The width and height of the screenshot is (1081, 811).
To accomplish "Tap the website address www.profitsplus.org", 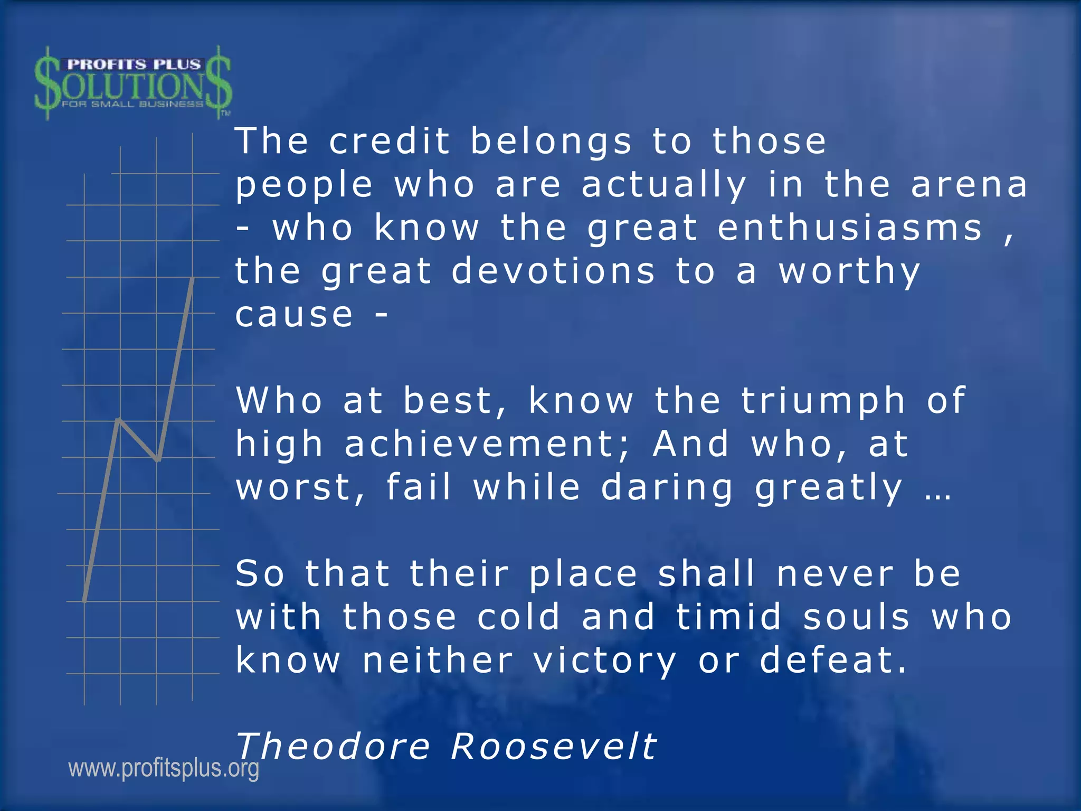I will (164, 768).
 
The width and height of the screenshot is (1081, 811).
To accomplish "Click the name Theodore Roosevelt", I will (446, 747).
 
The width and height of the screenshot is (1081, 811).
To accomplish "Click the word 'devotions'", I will (553, 271).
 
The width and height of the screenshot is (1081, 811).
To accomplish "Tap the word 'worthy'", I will (850, 272).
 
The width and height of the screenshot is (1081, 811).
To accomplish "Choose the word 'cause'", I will (294, 315).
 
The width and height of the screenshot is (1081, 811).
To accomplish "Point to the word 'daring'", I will (667, 488).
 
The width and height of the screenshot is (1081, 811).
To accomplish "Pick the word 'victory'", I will (605, 661).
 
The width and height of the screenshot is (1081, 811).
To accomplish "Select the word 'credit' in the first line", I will (390, 142).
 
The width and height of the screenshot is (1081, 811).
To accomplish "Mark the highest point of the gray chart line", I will (193, 278).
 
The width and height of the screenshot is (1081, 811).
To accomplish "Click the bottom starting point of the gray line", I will (84, 600).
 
